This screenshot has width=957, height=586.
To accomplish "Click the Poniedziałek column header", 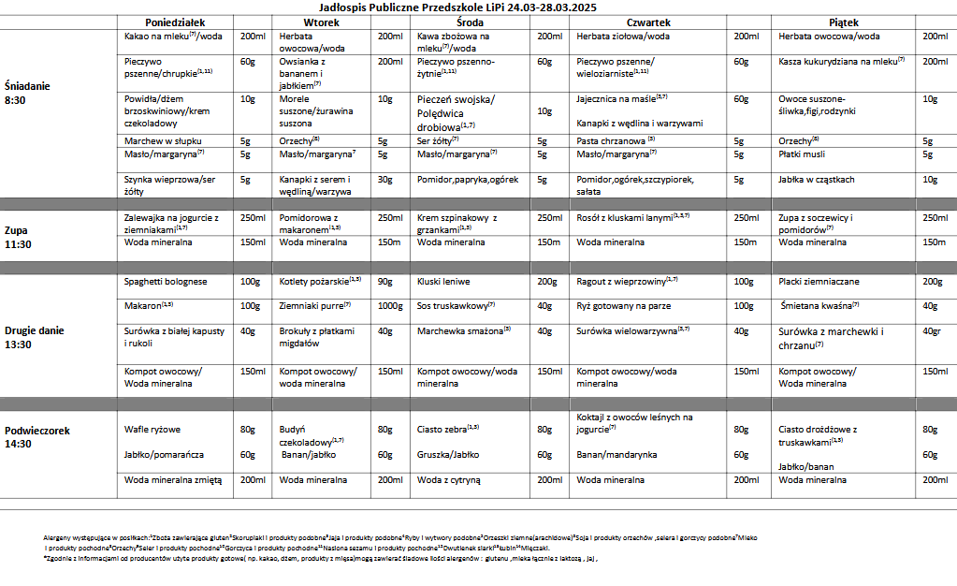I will click(x=175, y=22).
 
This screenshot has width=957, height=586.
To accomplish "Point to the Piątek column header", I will click(x=843, y=22).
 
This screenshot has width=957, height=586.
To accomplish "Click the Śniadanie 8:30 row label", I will click(x=27, y=92).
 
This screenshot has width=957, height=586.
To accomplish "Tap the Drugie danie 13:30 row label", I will click(x=36, y=337).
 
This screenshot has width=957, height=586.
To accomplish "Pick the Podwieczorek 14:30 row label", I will click(x=37, y=437).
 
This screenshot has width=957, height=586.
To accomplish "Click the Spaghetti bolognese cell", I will click(x=166, y=282).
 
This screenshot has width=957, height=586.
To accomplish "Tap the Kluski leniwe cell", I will click(x=443, y=282).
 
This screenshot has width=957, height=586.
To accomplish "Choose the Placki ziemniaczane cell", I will click(x=819, y=282).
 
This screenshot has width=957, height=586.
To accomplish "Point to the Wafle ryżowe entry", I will click(x=152, y=430).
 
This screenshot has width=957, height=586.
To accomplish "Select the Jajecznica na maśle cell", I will click(x=621, y=97).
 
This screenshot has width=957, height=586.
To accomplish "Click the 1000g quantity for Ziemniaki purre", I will click(x=391, y=306).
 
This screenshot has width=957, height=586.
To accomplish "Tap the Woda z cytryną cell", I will click(x=448, y=479).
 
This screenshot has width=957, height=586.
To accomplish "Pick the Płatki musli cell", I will click(x=803, y=155).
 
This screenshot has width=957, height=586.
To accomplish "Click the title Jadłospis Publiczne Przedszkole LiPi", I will click(x=477, y=7).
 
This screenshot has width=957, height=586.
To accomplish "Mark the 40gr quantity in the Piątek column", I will click(x=931, y=331).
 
